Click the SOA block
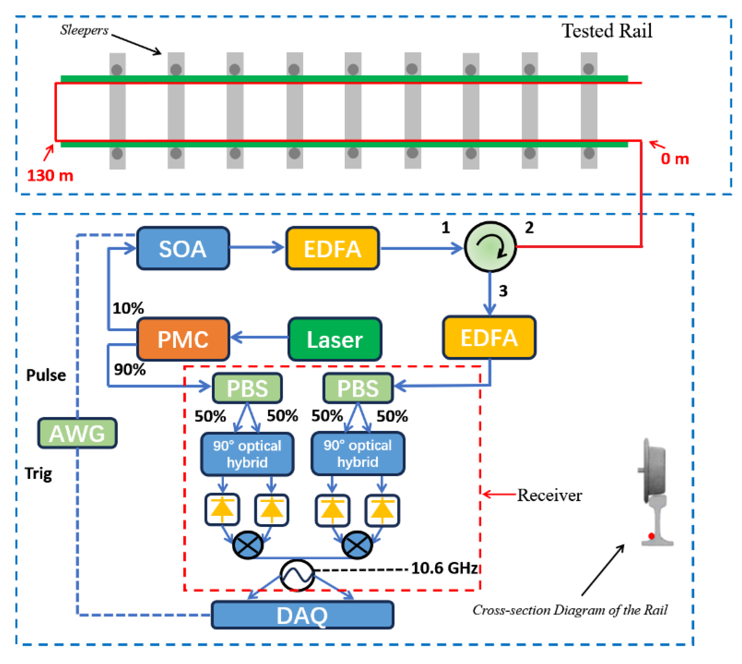click(183, 248)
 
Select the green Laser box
click(335, 339)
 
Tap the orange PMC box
click(183, 339)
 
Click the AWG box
click(77, 433)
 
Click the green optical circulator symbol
click(490, 247)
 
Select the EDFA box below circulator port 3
click(489, 338)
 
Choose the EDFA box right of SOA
click(332, 248)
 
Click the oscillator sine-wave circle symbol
click(297, 576)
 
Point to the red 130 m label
click(50, 176)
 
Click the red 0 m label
click(675, 159)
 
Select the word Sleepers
click(84, 30)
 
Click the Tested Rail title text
click(606, 31)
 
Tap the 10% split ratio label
click(128, 308)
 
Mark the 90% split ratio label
click(130, 369)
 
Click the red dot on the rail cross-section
click(651, 536)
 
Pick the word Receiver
click(549, 495)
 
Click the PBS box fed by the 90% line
click(247, 388)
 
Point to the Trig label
click(38, 473)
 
